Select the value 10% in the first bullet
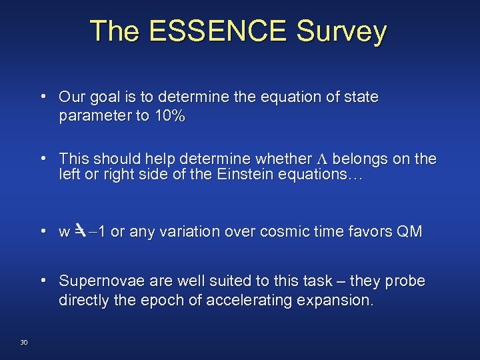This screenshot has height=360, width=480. (x=169, y=116)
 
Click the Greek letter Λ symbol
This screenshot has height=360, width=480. (x=322, y=159)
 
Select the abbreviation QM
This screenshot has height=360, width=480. (x=408, y=232)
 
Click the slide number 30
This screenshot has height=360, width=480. (x=24, y=342)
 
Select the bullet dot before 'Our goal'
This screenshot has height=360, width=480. (x=43, y=97)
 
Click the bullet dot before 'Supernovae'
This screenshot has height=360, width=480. (x=43, y=281)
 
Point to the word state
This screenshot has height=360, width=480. (x=361, y=97)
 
